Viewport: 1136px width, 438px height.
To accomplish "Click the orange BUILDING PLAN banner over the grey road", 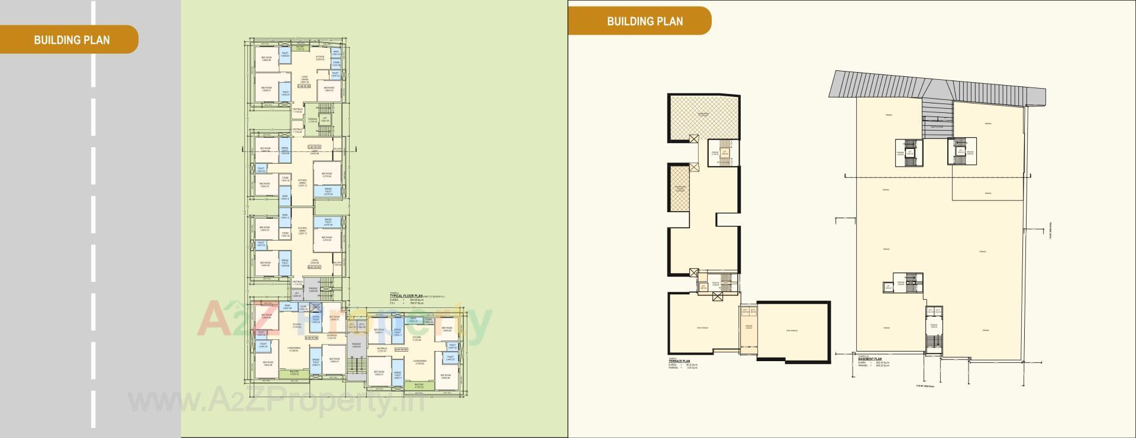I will pyautogui.click(x=71, y=40).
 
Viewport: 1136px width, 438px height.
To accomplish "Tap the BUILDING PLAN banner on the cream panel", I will pyautogui.click(x=644, y=21).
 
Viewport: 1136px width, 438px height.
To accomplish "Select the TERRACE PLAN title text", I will pyautogui.click(x=679, y=361).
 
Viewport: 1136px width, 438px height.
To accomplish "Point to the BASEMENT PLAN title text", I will pyautogui.click(x=869, y=359).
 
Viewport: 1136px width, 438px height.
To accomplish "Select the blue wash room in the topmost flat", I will pyautogui.click(x=335, y=52).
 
